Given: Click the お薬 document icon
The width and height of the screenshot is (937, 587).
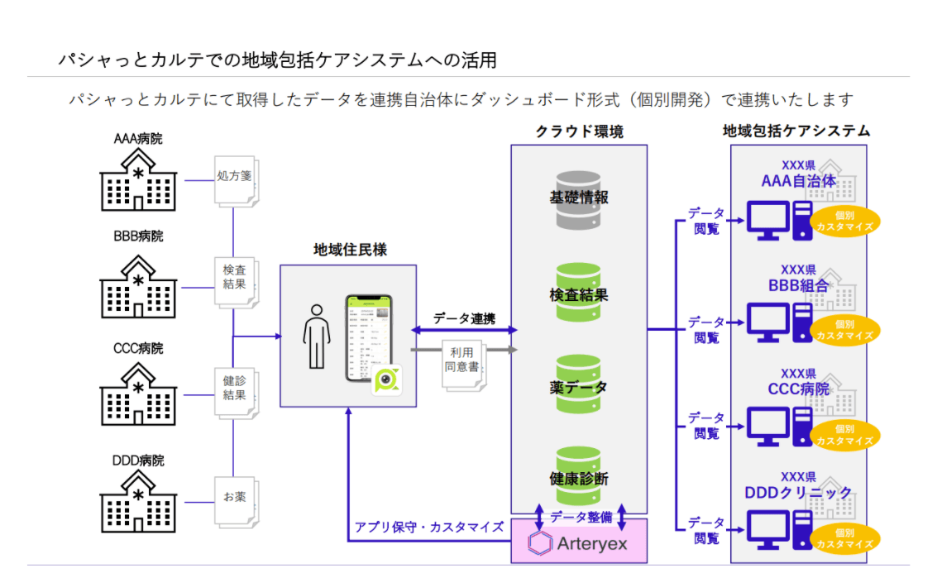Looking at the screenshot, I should pos(235,499).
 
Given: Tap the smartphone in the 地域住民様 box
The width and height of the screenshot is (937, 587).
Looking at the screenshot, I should pos(368,338).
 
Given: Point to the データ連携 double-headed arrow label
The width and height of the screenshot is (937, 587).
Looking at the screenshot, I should pos(464,318).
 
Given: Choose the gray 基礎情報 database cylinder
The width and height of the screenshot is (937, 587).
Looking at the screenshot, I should pos(578,198).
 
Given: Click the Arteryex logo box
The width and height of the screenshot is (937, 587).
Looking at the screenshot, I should pos(578,542).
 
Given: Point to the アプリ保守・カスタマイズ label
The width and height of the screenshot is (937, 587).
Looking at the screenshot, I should pos(429,527).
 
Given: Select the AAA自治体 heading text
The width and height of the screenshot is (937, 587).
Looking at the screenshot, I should pos(798,180).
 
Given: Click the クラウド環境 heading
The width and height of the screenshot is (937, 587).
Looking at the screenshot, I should pos(578,131).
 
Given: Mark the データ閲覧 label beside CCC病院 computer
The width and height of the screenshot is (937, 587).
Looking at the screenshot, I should pos(706,425).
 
